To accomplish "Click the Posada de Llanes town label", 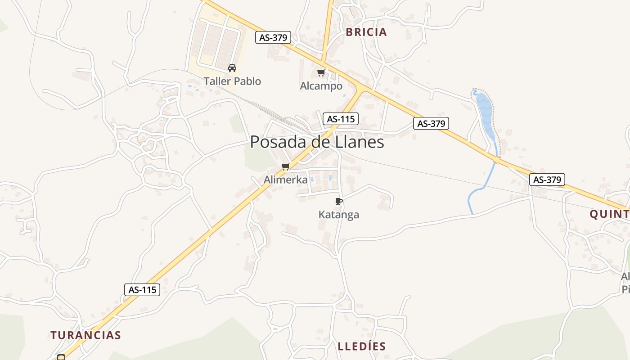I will pyautogui.click(x=317, y=142).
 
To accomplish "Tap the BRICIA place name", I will pyautogui.click(x=366, y=32).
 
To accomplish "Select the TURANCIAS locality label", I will pyautogui.click(x=85, y=335).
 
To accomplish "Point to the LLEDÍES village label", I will pyautogui.click(x=362, y=346).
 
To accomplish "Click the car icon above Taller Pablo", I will pyautogui.click(x=232, y=68).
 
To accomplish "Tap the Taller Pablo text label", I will pyautogui.click(x=232, y=81).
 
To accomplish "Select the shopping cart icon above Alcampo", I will pyautogui.click(x=321, y=72).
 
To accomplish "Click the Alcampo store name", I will pyautogui.click(x=321, y=86).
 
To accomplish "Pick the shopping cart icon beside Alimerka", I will pyautogui.click(x=285, y=167).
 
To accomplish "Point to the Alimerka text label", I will pyautogui.click(x=286, y=180).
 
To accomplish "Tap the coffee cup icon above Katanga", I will pyautogui.click(x=339, y=201).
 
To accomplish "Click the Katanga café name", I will pyautogui.click(x=339, y=215).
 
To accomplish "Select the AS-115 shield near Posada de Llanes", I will pyautogui.click(x=340, y=119).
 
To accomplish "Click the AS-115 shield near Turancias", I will pyautogui.click(x=142, y=290).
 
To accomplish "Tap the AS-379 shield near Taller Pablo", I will pyautogui.click(x=273, y=37).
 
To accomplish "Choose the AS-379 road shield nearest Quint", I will pyautogui.click(x=547, y=180).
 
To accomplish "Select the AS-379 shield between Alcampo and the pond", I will pyautogui.click(x=431, y=123).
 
